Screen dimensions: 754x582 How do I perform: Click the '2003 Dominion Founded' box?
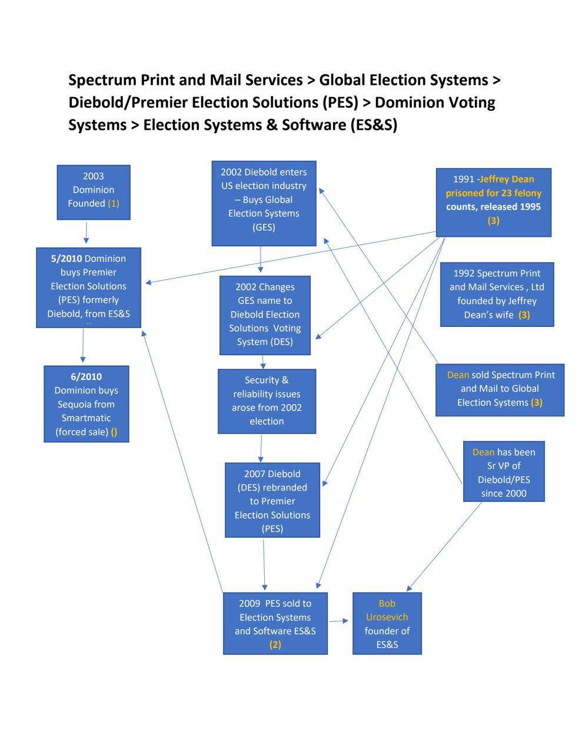click(93, 192)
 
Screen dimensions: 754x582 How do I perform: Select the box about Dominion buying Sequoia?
click(86, 404)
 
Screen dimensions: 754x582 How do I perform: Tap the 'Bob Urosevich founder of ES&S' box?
click(387, 623)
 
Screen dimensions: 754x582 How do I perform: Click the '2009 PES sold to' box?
click(275, 623)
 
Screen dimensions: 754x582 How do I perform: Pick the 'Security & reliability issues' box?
click(267, 401)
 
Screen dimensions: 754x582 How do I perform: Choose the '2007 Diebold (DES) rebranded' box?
click(272, 500)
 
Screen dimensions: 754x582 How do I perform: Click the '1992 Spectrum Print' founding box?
click(497, 294)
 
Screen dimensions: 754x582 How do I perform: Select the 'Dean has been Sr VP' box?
click(503, 471)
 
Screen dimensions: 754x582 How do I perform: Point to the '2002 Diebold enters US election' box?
click(264, 203)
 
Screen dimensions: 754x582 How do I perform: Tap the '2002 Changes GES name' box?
click(265, 315)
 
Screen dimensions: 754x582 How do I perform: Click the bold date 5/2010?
click(66, 259)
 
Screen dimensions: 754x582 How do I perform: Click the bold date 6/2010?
click(86, 376)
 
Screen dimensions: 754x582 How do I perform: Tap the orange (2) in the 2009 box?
click(275, 644)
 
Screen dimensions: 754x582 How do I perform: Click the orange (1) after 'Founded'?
click(114, 203)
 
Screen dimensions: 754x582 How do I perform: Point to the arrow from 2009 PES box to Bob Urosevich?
click(339, 620)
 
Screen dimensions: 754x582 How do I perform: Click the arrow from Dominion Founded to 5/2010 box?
click(86, 233)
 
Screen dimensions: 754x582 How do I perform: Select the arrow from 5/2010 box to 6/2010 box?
click(83, 346)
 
